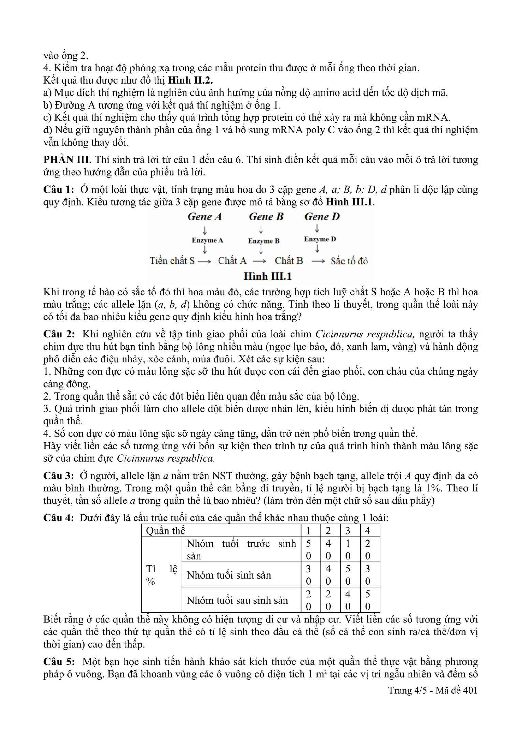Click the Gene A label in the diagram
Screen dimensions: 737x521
204,217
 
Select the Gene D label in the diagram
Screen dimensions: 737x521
322,217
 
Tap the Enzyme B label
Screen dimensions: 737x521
264,241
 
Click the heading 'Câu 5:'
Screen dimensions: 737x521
59,662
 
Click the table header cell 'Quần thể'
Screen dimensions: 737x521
165,531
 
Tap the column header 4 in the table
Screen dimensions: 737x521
368,531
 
